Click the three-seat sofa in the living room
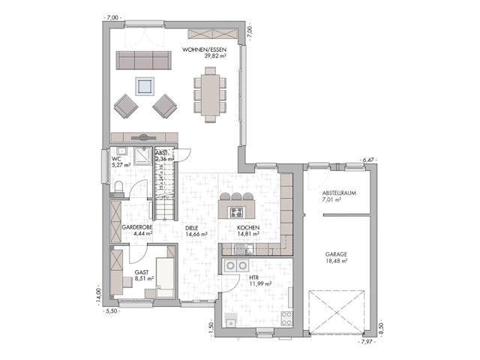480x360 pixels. click(x=143, y=61)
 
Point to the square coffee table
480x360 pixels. click(x=145, y=85)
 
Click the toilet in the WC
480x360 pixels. click(x=118, y=186)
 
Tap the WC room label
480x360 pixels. click(x=116, y=159)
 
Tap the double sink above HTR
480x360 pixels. click(x=237, y=265)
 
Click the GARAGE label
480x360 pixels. click(x=336, y=254)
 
